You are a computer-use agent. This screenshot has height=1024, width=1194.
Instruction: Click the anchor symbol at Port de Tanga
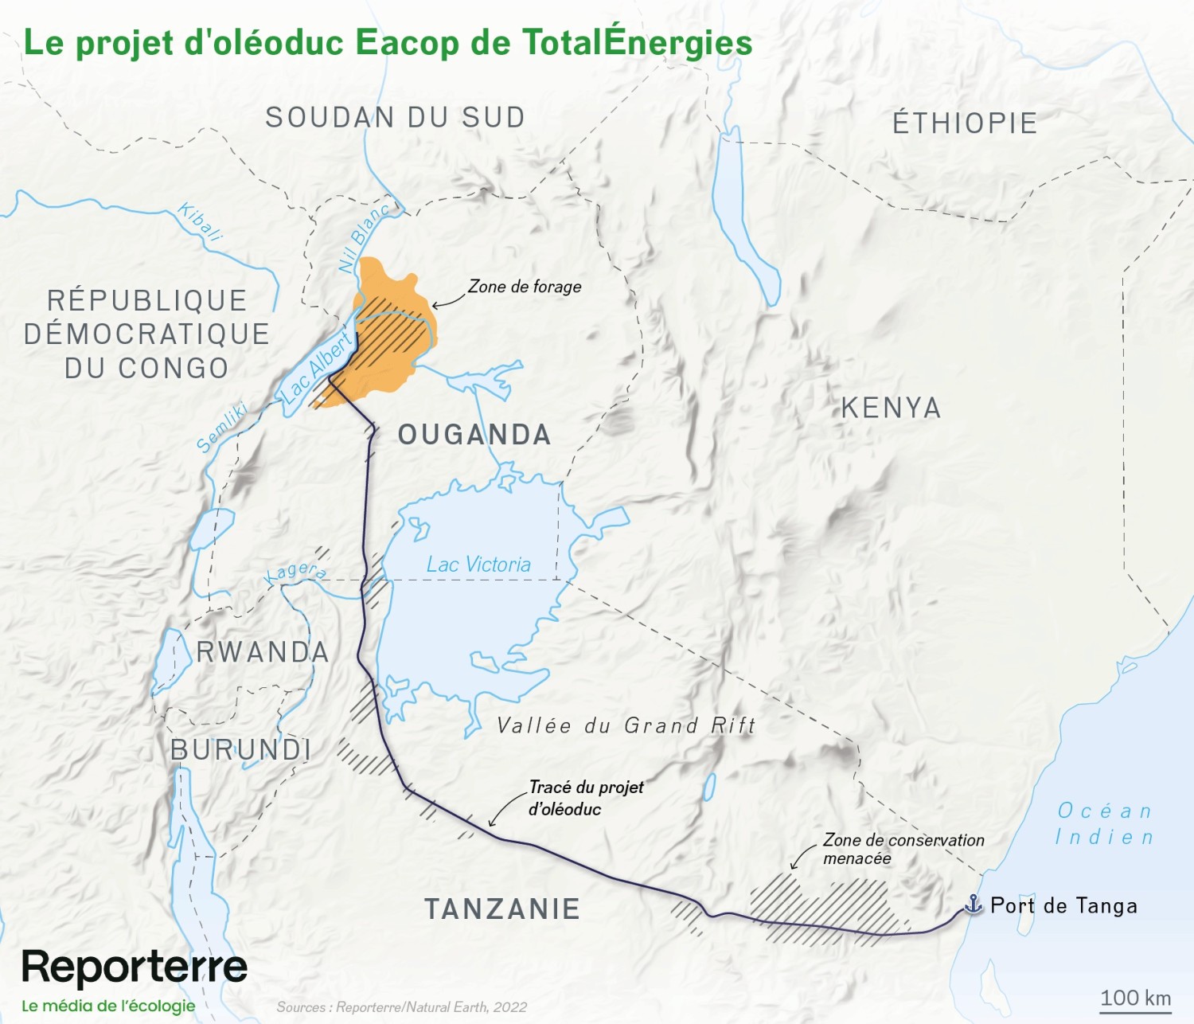coord(973,904)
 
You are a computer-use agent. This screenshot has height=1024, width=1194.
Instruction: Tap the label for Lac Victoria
coord(478,565)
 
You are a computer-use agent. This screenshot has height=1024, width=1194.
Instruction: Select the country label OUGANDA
coord(474,435)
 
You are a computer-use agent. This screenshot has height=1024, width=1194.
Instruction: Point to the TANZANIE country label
coord(502,909)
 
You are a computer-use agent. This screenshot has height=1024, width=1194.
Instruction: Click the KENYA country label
coord(892,408)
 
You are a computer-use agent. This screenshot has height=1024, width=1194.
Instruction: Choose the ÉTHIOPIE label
coord(965,123)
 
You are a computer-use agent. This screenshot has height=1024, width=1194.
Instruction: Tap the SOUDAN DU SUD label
coord(396,118)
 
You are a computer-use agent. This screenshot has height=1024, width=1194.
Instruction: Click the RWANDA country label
coord(263,652)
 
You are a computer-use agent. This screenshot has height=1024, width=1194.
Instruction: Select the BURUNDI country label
coord(240,749)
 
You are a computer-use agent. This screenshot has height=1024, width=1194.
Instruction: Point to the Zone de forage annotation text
coord(525,287)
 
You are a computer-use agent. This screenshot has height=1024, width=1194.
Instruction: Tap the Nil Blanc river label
coord(363,237)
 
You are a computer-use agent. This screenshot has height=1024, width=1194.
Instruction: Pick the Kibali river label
coord(200,221)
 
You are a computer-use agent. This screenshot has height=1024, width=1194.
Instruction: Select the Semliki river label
coord(222,428)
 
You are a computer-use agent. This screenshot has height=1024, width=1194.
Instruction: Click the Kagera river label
coord(295,572)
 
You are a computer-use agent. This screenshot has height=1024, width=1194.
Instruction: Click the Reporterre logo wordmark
coord(135,967)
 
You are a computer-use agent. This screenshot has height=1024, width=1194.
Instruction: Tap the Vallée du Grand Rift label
coord(626,725)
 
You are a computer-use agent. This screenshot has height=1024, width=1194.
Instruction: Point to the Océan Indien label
coord(1105,824)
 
